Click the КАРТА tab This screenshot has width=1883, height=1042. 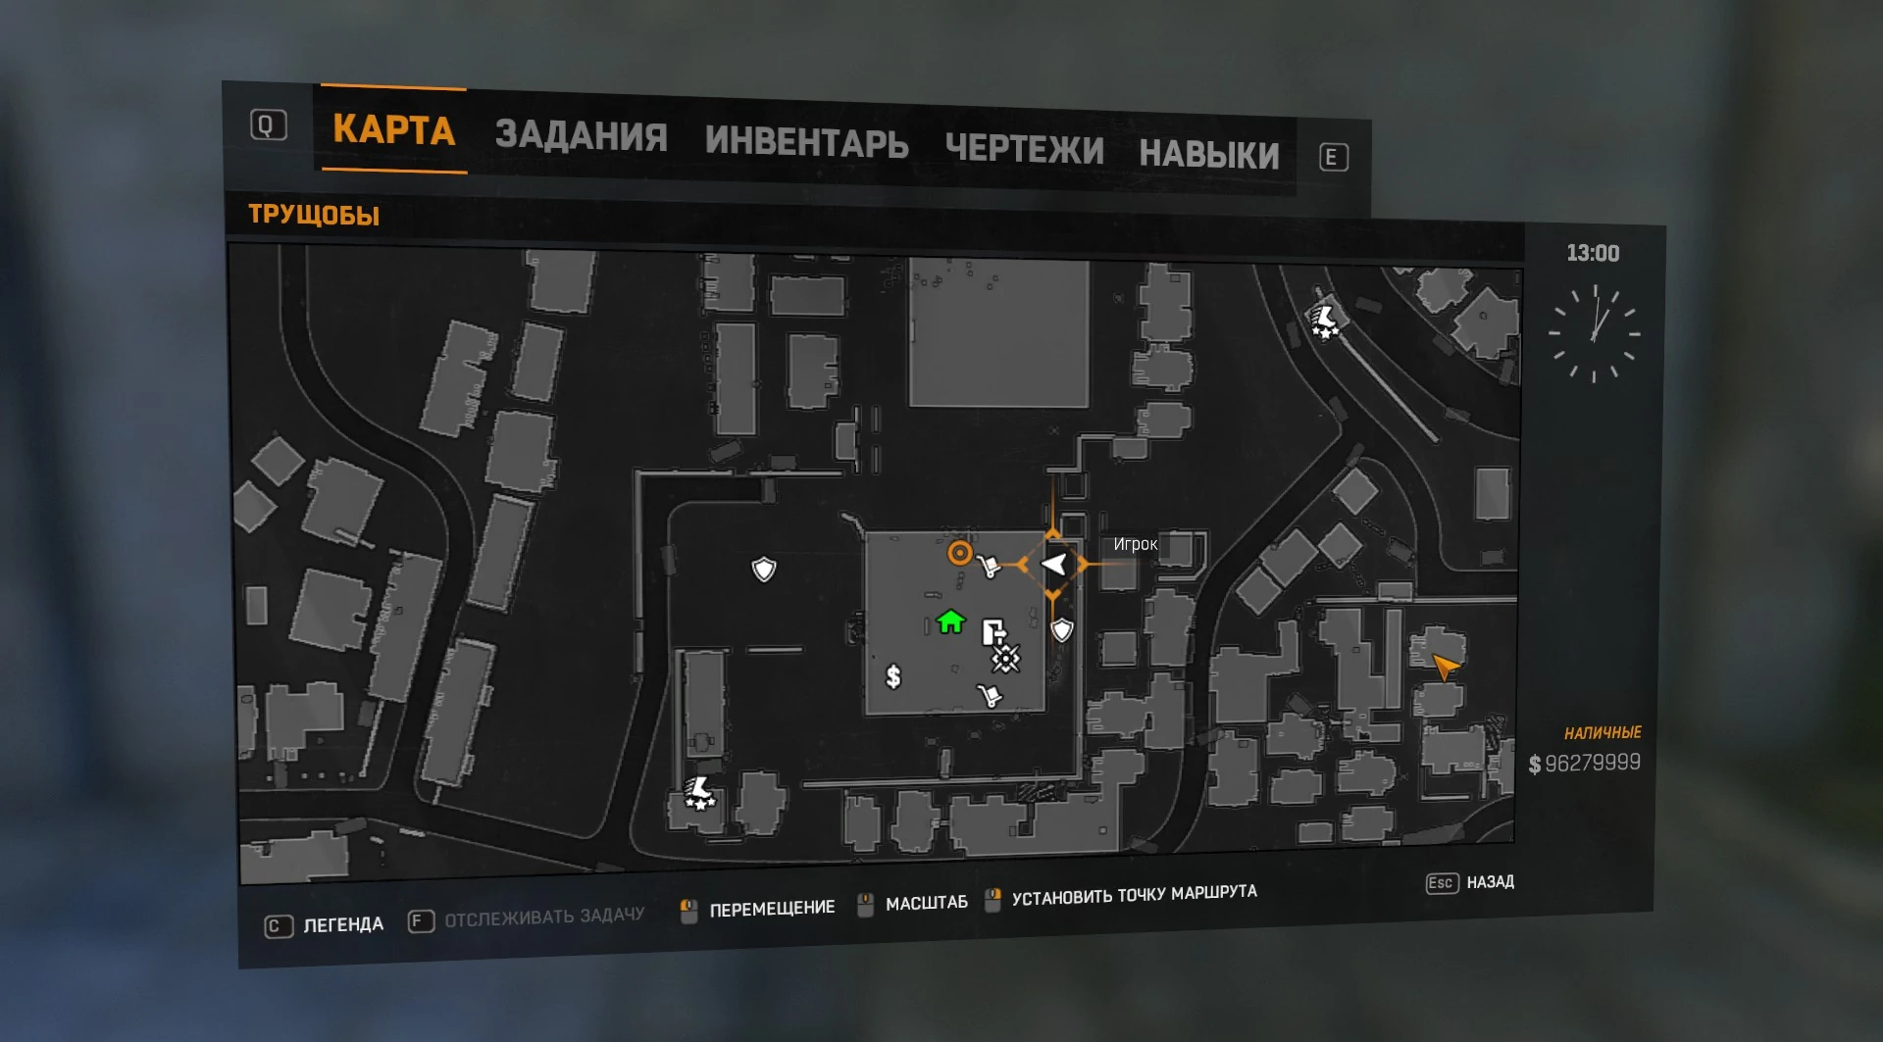click(393, 129)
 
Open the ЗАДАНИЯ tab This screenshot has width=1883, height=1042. click(581, 135)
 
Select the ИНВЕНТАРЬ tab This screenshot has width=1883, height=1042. click(806, 142)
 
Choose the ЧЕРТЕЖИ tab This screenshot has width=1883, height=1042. click(1024, 149)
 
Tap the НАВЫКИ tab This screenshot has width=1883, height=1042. click(1208, 155)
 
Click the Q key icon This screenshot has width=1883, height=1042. click(268, 125)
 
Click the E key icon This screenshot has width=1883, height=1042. click(1333, 158)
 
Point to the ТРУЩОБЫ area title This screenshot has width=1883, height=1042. click(314, 215)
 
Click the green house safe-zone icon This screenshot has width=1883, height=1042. click(949, 621)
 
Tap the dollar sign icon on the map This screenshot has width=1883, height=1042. click(892, 676)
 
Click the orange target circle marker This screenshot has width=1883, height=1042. click(959, 554)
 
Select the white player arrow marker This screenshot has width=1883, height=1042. click(1053, 565)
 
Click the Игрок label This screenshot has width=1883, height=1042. click(1135, 544)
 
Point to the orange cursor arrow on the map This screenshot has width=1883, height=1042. click(1445, 667)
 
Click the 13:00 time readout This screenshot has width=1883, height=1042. click(1593, 253)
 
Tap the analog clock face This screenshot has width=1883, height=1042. click(1595, 333)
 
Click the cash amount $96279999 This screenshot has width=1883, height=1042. click(1585, 763)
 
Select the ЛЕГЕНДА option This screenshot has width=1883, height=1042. click(342, 924)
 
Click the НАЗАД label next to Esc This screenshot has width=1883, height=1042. click(1490, 882)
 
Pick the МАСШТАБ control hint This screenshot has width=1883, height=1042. click(926, 903)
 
